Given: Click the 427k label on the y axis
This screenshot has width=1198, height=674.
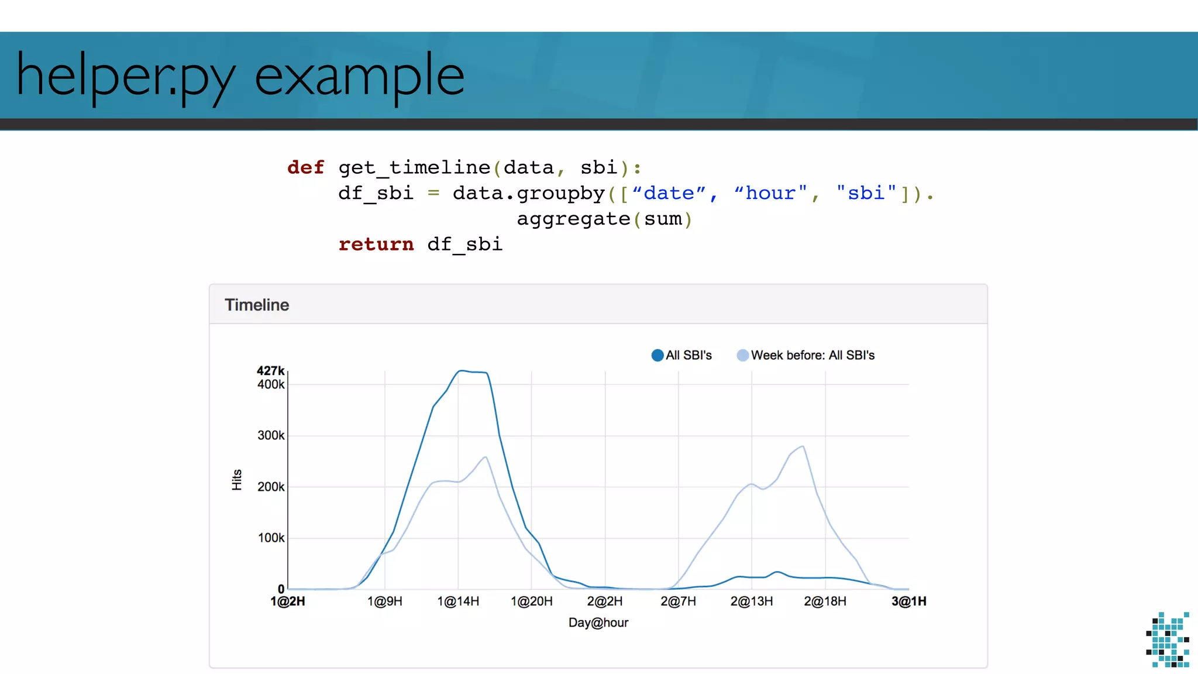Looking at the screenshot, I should [270, 370].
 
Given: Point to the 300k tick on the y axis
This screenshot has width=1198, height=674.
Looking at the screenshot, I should [271, 435].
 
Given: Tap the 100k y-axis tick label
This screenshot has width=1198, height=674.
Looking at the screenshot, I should [271, 538].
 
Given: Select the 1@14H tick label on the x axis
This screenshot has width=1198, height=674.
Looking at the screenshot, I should [458, 601].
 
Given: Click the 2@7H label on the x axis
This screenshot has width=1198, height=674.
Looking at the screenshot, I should [678, 601].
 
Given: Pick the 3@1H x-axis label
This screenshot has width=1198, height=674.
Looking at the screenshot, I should [908, 601].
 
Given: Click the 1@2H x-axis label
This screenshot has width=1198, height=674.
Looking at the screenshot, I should [288, 601].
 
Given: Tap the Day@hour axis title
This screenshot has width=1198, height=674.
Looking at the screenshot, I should [598, 623].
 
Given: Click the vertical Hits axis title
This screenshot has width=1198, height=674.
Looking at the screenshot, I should [237, 480].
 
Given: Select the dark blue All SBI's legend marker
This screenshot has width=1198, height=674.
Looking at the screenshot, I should [657, 355].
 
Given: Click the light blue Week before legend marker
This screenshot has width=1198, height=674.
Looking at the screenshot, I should [742, 355].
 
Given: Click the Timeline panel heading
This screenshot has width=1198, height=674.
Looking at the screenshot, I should [257, 305].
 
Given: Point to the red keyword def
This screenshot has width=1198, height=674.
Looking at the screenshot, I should [305, 167].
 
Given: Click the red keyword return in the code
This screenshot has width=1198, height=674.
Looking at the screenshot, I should [376, 244].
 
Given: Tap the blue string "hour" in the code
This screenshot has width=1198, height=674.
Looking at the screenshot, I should [770, 193].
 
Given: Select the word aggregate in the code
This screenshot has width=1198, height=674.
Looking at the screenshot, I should [573, 219].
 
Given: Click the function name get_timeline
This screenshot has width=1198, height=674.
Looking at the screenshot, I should [414, 167].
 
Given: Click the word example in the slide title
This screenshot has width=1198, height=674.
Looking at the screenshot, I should [359, 76].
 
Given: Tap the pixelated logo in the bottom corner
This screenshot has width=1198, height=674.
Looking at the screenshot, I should [1168, 639].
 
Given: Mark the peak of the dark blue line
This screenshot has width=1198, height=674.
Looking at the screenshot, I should [462, 370].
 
